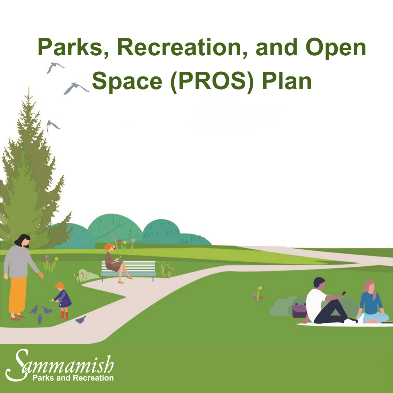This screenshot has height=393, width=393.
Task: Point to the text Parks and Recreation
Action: coord(73,378)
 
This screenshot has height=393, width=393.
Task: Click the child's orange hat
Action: coord(59,285)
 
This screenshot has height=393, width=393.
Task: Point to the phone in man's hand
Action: coord(344,293)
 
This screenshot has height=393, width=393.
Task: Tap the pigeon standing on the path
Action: coord(81,320)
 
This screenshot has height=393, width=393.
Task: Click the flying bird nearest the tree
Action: coord(53,126)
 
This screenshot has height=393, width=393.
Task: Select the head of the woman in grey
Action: coord(22,241)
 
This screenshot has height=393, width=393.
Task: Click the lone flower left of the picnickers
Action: coord(259,295)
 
